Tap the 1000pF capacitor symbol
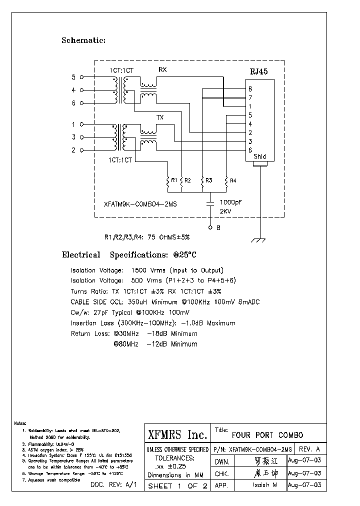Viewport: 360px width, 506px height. tap(211, 202)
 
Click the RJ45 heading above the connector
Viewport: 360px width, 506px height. tap(258, 71)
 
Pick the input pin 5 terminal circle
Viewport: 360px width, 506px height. tap(81, 77)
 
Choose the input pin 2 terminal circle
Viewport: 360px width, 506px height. tap(81, 150)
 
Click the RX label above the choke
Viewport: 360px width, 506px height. tap(162, 69)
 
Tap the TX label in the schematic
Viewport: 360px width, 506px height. tap(160, 117)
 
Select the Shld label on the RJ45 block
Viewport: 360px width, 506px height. tap(259, 157)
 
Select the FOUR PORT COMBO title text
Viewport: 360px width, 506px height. tap(267, 435)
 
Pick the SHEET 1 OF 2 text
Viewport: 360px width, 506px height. tap(177, 486)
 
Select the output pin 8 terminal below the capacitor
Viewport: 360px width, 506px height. tap(211, 227)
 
